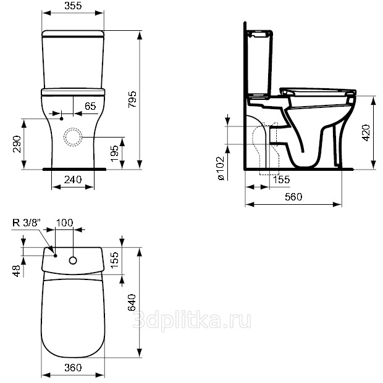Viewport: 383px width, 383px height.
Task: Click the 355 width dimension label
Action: (x=73, y=6)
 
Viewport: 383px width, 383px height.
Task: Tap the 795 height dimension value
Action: (x=132, y=99)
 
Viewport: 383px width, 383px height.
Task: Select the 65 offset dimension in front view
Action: (x=90, y=106)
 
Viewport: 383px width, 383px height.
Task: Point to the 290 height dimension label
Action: (x=17, y=144)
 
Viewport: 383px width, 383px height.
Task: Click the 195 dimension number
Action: (x=114, y=153)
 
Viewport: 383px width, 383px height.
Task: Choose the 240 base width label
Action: (x=73, y=179)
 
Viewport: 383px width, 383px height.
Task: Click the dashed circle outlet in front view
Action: (x=73, y=137)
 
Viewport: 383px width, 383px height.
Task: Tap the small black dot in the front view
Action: (x=61, y=118)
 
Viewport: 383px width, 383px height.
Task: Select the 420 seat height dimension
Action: (x=366, y=133)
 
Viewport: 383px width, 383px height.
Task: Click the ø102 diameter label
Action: (x=221, y=168)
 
